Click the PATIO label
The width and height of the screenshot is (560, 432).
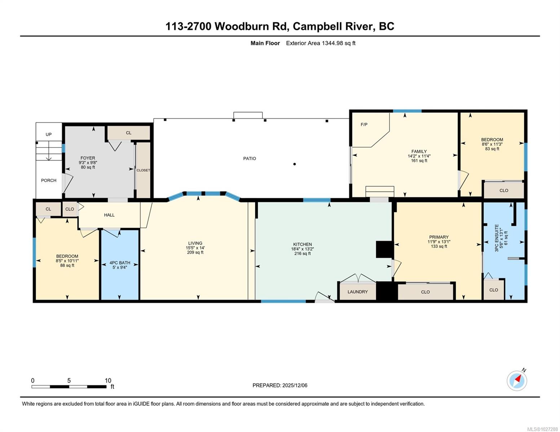click(250, 158)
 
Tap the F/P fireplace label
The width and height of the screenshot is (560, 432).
click(364, 125)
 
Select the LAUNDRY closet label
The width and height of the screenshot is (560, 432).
click(357, 292)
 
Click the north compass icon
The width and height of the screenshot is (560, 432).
click(517, 380)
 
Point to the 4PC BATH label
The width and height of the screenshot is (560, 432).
click(120, 263)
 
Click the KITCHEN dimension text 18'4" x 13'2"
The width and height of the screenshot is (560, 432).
click(302, 249)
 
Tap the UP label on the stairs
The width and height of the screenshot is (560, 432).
click(49, 134)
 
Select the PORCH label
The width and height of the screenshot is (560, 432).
click(49, 180)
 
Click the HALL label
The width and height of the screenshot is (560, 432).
click(109, 215)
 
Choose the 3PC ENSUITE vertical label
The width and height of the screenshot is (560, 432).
click(497, 238)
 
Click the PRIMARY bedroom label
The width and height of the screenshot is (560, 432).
click(439, 237)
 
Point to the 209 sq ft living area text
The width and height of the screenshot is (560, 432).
click(195, 252)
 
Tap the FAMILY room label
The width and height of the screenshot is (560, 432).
click(419, 152)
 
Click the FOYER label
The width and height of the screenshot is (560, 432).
click(88, 158)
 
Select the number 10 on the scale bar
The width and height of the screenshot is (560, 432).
click(108, 381)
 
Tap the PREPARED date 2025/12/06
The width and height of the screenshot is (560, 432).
click(295, 385)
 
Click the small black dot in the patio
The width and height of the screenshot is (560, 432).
click(295, 164)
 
